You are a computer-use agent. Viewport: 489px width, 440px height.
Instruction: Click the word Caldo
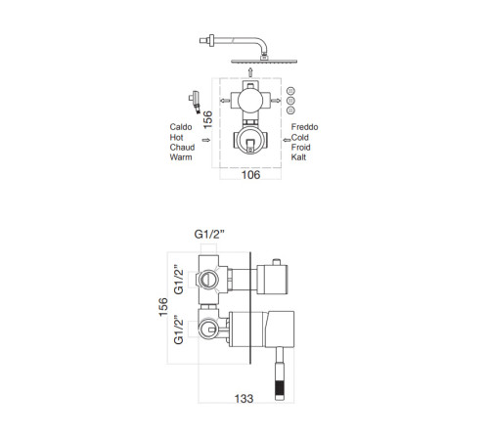pyautogui.click(x=181, y=127)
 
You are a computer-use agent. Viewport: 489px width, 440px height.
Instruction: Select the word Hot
pyautogui.click(x=176, y=137)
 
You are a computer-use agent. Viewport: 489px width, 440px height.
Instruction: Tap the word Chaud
pyautogui.click(x=182, y=148)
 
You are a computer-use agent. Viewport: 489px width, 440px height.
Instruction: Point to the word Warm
pyautogui.click(x=181, y=157)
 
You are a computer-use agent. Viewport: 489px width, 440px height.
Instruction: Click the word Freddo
pyautogui.click(x=304, y=127)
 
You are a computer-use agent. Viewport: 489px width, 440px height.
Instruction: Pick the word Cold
pyautogui.click(x=299, y=137)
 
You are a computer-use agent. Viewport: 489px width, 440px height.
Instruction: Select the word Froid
pyautogui.click(x=300, y=148)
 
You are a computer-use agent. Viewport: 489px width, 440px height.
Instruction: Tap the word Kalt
pyautogui.click(x=298, y=157)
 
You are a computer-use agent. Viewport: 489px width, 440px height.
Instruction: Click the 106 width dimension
pyautogui.click(x=250, y=175)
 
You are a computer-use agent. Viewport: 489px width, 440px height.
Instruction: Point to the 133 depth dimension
pyautogui.click(x=244, y=398)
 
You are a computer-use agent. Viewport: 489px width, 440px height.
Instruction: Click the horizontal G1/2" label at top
pyautogui.click(x=209, y=234)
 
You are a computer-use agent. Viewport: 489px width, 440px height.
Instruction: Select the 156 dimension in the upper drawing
pyautogui.click(x=207, y=119)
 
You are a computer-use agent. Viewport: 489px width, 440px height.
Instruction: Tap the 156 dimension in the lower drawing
pyautogui.click(x=163, y=306)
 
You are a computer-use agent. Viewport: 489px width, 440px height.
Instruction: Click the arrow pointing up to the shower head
pyautogui.click(x=250, y=72)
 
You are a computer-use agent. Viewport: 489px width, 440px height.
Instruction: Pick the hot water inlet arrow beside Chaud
pyautogui.click(x=205, y=140)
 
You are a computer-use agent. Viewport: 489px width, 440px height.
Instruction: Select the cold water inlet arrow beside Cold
pyautogui.click(x=287, y=140)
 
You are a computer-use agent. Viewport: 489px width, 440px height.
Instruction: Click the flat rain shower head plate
pyautogui.click(x=264, y=62)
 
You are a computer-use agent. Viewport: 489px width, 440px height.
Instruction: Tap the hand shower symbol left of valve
pyautogui.click(x=195, y=102)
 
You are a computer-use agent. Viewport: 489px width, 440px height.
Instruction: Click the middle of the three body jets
pyautogui.click(x=290, y=101)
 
